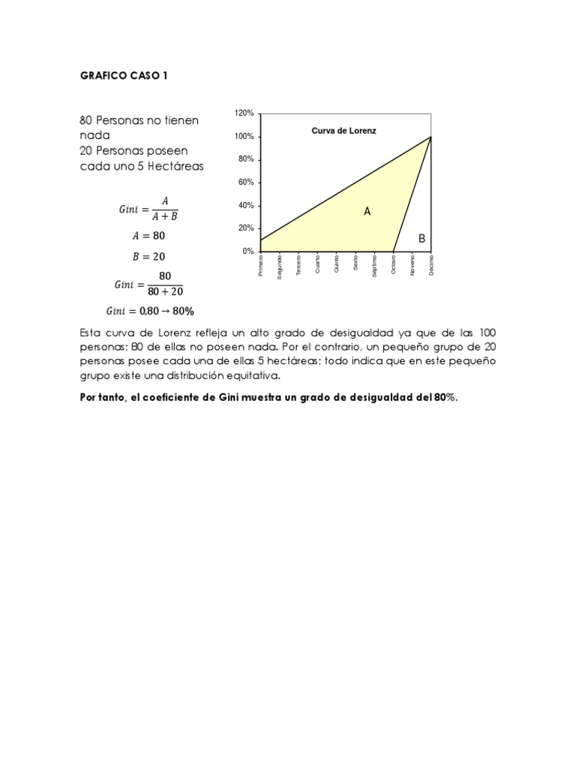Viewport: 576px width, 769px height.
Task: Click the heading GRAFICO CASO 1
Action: pos(124,76)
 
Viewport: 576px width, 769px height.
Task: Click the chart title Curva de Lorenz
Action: pos(343,131)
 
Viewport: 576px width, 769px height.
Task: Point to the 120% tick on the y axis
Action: pos(244,113)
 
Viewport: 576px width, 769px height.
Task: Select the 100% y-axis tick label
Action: pos(244,137)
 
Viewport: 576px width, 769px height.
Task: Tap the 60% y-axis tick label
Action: pos(246,182)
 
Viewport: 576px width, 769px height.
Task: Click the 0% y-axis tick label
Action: pos(248,252)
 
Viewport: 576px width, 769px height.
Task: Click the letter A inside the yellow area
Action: pos(367,213)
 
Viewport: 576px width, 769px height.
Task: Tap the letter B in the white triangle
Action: pos(421,239)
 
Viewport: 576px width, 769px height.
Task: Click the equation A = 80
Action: pos(148,236)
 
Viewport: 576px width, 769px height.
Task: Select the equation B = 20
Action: pos(148,256)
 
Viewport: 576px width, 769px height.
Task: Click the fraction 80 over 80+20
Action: pos(164,285)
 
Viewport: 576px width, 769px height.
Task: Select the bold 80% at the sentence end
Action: pos(444,399)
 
